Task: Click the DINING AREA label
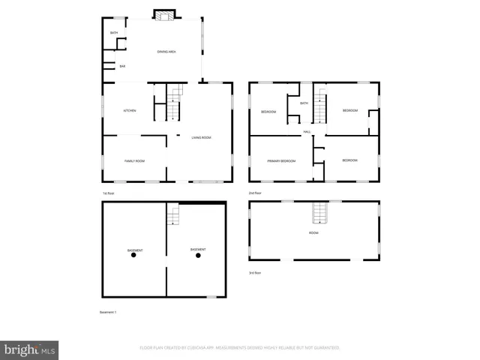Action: pos(166,51)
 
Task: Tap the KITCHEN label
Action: pos(130,111)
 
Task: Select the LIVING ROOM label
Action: pos(201,138)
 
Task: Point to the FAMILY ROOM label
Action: pos(134,161)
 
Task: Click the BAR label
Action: pos(122,67)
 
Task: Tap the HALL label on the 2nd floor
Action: pos(307,132)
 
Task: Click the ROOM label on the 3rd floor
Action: pos(313,233)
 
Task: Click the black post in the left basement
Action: pos(134,256)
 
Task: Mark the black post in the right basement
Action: pos(198,256)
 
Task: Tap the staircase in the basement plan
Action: pos(173,216)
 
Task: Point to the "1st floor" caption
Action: pos(109,193)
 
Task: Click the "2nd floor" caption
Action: pos(255,193)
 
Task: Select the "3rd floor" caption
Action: pos(256,273)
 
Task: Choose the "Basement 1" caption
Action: pos(109,311)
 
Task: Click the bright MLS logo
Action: pos(30,349)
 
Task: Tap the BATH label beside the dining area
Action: pos(115,33)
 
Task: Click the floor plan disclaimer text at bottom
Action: pos(240,348)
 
